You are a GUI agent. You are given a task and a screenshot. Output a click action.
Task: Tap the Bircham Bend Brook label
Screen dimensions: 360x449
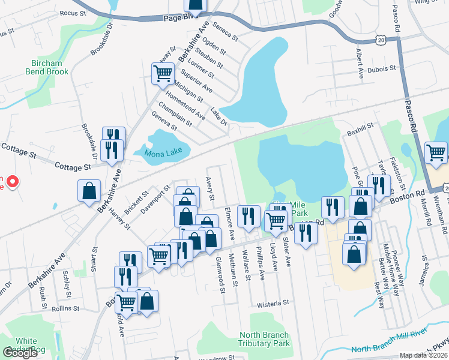coord(47,67)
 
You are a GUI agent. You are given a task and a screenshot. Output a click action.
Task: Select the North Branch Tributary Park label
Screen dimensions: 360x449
coord(264,339)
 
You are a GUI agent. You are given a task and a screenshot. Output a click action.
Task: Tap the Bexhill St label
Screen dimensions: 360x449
coord(360,126)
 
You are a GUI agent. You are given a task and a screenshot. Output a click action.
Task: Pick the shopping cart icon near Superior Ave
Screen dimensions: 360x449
coord(163,74)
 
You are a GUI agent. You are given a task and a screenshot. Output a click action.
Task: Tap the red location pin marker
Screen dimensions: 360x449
coord(12,181)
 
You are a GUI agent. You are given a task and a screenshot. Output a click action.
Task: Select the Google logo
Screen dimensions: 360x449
coord(20,353)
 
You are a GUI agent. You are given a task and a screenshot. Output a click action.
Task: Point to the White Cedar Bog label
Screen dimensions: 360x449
coord(26,345)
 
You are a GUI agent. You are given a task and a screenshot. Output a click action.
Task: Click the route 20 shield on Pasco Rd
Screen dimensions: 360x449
coord(382,39)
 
